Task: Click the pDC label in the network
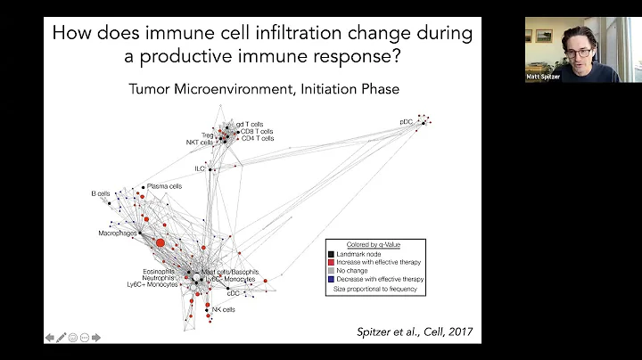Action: point(406,121)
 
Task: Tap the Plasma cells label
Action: point(164,186)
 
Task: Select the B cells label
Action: point(99,192)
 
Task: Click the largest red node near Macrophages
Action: point(160,242)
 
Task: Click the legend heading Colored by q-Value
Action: point(374,244)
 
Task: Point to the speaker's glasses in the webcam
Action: point(576,53)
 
